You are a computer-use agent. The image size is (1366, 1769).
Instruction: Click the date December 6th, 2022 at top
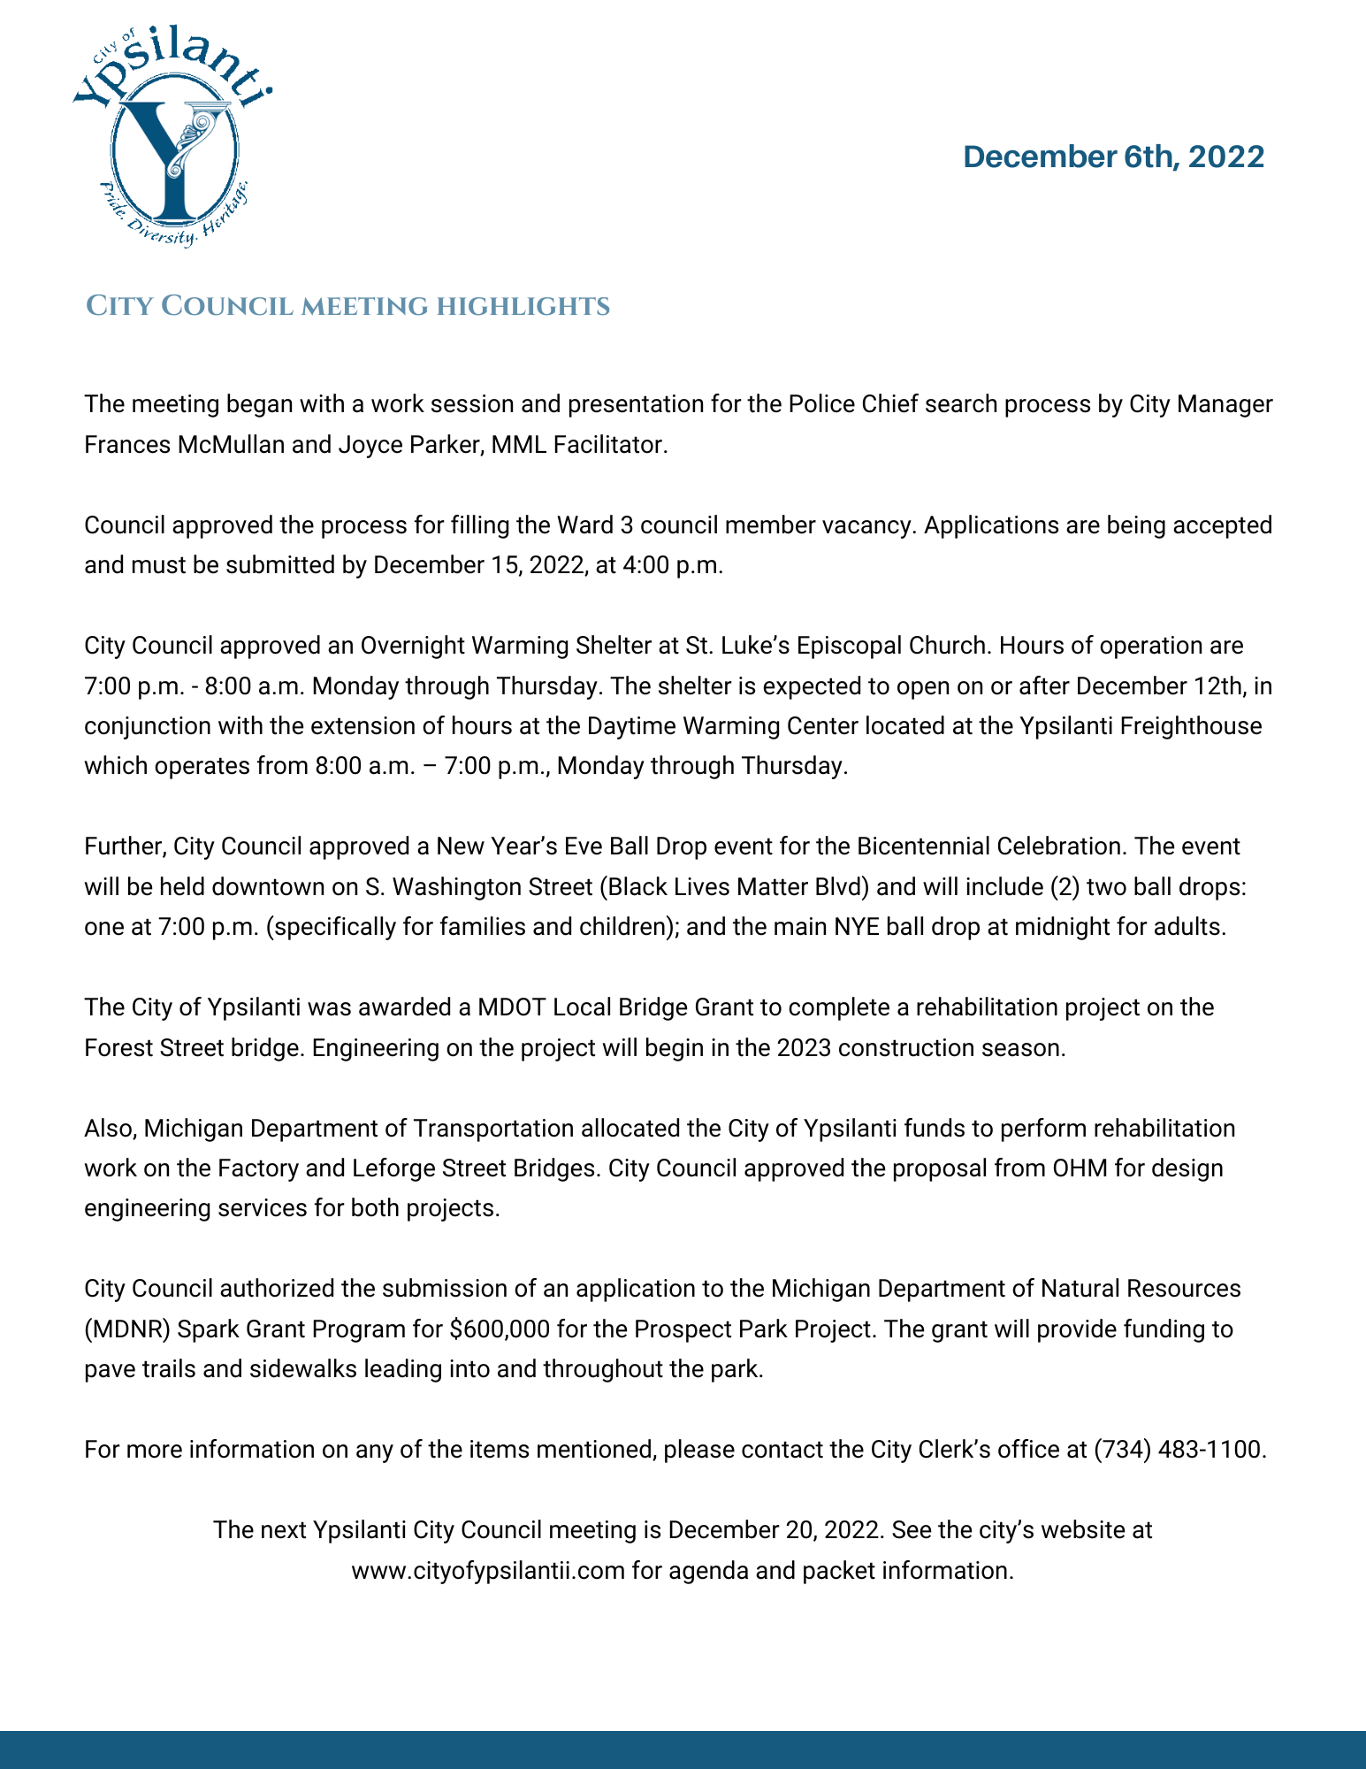[x=1113, y=157]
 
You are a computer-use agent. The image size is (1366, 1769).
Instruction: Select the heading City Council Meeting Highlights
[x=347, y=306]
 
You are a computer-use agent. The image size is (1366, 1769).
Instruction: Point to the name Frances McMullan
[x=184, y=444]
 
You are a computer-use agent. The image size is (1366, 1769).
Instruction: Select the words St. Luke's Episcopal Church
[x=837, y=646]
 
